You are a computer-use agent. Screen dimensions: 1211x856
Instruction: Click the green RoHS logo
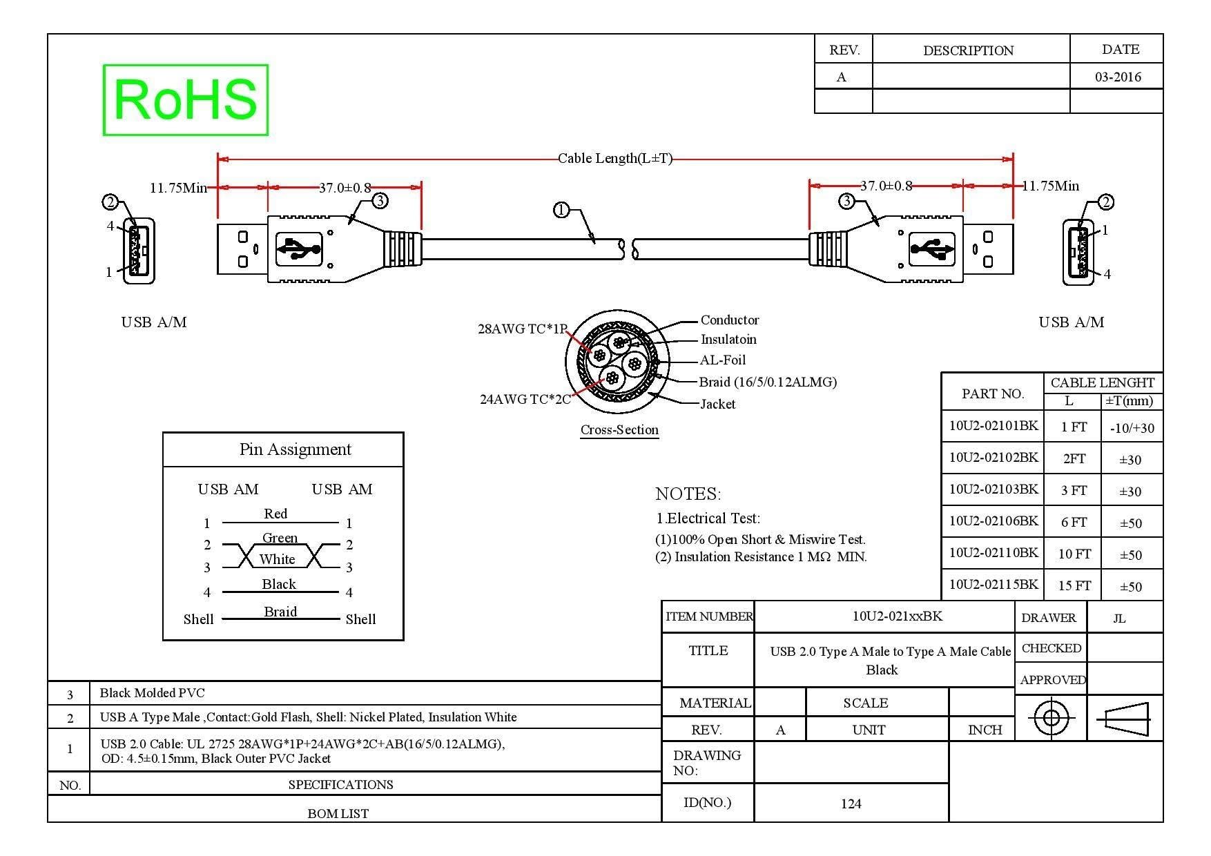tap(185, 100)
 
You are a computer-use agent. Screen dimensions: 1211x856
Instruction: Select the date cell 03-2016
tap(1118, 77)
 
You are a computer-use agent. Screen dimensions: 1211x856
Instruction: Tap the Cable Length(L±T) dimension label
tap(614, 158)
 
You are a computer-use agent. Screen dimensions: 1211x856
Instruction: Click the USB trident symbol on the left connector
tap(299, 249)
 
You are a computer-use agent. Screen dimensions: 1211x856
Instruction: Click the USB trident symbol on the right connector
tap(932, 249)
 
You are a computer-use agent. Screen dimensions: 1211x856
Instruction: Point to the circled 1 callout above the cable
tap(561, 209)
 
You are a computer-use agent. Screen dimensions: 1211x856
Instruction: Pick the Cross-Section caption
tap(619, 429)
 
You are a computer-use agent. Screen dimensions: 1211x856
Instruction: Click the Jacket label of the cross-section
tap(717, 404)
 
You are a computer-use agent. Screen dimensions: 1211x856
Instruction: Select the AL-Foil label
tap(723, 360)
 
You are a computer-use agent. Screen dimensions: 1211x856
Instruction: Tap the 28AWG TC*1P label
tap(523, 329)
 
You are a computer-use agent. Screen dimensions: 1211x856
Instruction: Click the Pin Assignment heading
tap(295, 449)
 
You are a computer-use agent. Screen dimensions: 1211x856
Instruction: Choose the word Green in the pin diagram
tap(280, 538)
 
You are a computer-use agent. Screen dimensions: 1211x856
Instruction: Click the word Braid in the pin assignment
tap(280, 612)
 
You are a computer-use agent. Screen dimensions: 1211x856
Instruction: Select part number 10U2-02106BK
tap(993, 521)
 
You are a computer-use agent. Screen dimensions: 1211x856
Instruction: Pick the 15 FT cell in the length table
tap(1074, 585)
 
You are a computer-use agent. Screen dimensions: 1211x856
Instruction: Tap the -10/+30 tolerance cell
tap(1132, 428)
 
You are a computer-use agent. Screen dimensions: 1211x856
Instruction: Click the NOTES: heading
tap(688, 494)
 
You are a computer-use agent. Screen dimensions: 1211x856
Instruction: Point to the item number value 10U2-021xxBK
tap(897, 616)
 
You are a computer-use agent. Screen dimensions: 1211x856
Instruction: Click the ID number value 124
tap(851, 804)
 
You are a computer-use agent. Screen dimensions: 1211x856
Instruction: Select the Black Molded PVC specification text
tap(152, 692)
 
